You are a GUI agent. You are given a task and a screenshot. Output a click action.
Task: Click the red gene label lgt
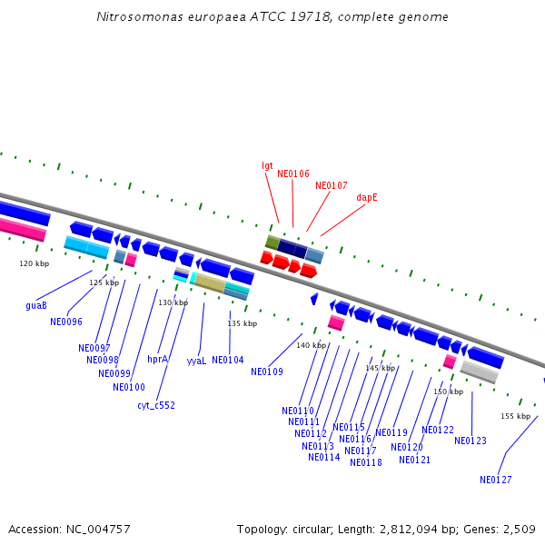pyautogui.click(x=267, y=165)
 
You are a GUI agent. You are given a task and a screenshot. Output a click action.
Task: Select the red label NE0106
pyautogui.click(x=292, y=173)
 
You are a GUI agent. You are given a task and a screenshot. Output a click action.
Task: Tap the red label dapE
pyautogui.click(x=367, y=197)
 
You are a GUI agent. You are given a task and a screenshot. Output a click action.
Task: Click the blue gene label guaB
pyautogui.click(x=36, y=306)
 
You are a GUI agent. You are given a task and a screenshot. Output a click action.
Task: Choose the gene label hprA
pyautogui.click(x=157, y=359)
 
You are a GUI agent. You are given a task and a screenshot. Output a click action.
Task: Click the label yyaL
pyautogui.click(x=196, y=361)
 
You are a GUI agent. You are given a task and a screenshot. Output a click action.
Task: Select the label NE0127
pyautogui.click(x=496, y=480)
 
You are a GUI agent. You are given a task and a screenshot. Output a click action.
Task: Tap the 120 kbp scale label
pyautogui.click(x=35, y=263)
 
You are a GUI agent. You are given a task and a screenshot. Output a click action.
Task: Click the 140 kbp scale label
pyautogui.click(x=311, y=345)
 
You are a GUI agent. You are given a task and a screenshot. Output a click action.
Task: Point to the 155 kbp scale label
pyautogui.click(x=515, y=416)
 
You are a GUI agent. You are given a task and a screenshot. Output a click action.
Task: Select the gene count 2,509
pyautogui.click(x=518, y=529)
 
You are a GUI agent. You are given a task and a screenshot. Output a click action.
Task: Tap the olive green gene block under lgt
pyautogui.click(x=272, y=242)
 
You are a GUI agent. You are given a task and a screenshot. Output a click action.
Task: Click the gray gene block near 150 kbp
pyautogui.click(x=479, y=372)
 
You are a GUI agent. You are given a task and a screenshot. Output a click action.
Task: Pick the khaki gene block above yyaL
pyautogui.click(x=210, y=283)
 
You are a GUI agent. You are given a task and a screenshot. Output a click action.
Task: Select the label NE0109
pyautogui.click(x=267, y=372)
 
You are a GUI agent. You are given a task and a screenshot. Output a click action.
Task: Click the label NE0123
pyautogui.click(x=471, y=441)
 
